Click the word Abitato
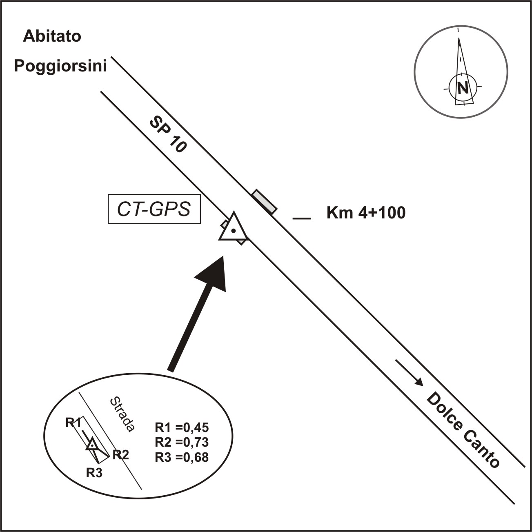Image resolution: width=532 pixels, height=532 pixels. [52, 36]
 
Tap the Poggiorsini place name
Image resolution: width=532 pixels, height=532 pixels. [60, 66]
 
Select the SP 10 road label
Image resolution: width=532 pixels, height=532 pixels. [168, 134]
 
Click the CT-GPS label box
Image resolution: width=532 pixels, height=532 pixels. [154, 209]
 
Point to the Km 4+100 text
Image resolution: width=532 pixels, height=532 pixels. [366, 213]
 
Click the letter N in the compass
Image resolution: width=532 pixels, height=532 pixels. [463, 88]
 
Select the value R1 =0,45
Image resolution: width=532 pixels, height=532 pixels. [182, 427]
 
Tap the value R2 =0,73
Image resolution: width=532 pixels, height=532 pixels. [182, 442]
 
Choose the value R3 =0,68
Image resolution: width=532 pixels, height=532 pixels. [182, 457]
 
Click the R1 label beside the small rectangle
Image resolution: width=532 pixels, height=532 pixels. [73, 423]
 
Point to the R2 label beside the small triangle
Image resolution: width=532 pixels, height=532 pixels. [120, 454]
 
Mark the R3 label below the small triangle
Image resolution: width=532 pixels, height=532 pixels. [94, 473]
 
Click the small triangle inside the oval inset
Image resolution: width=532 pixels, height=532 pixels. [93, 445]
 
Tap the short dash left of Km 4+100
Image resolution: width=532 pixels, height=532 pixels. [302, 218]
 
